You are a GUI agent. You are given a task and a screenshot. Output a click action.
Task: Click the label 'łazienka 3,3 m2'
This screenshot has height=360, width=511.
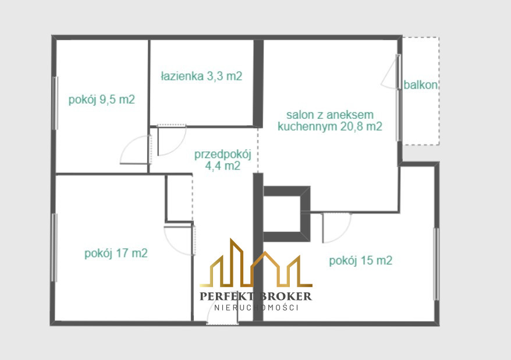202,76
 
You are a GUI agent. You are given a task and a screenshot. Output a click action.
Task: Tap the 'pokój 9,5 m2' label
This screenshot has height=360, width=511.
102,100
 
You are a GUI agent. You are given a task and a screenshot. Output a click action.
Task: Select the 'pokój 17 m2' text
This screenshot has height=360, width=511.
116,253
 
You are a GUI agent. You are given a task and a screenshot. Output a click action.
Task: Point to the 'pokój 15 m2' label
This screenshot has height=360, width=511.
361,260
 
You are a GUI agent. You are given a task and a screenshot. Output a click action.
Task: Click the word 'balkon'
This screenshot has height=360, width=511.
420,85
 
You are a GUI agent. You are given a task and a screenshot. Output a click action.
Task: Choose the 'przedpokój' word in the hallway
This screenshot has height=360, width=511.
223,154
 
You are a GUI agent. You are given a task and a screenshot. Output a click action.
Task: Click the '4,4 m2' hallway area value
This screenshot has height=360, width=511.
223,166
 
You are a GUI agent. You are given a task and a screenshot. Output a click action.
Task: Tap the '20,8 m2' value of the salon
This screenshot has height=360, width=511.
361,126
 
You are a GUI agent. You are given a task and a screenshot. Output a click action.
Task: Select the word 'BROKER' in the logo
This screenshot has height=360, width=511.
286,296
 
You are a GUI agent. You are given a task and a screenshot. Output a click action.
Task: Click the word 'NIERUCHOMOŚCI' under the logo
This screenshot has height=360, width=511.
256,308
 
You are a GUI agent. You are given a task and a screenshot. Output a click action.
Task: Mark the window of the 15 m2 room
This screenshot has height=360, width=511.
436,264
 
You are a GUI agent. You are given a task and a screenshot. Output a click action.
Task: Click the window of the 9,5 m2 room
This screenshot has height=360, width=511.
56,103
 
